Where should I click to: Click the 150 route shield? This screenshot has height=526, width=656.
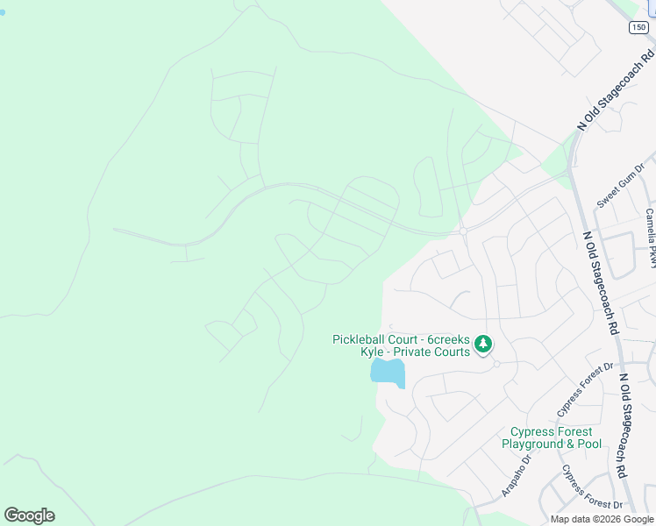point(639,28)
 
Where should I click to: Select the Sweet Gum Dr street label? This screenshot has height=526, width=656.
point(621,185)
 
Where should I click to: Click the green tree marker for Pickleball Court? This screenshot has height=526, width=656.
point(482,345)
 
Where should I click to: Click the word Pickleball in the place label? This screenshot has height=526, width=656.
point(362,339)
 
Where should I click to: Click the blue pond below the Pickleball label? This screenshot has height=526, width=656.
point(387,372)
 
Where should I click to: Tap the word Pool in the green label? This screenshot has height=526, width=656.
point(589,444)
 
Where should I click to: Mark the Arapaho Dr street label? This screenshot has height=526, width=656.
point(517,475)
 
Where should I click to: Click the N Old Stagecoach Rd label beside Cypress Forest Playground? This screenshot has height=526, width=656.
point(624,425)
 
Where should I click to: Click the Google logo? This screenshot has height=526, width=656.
point(29,515)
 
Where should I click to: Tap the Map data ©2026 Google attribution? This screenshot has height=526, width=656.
point(601,519)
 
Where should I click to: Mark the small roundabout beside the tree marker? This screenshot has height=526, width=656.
point(496,364)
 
